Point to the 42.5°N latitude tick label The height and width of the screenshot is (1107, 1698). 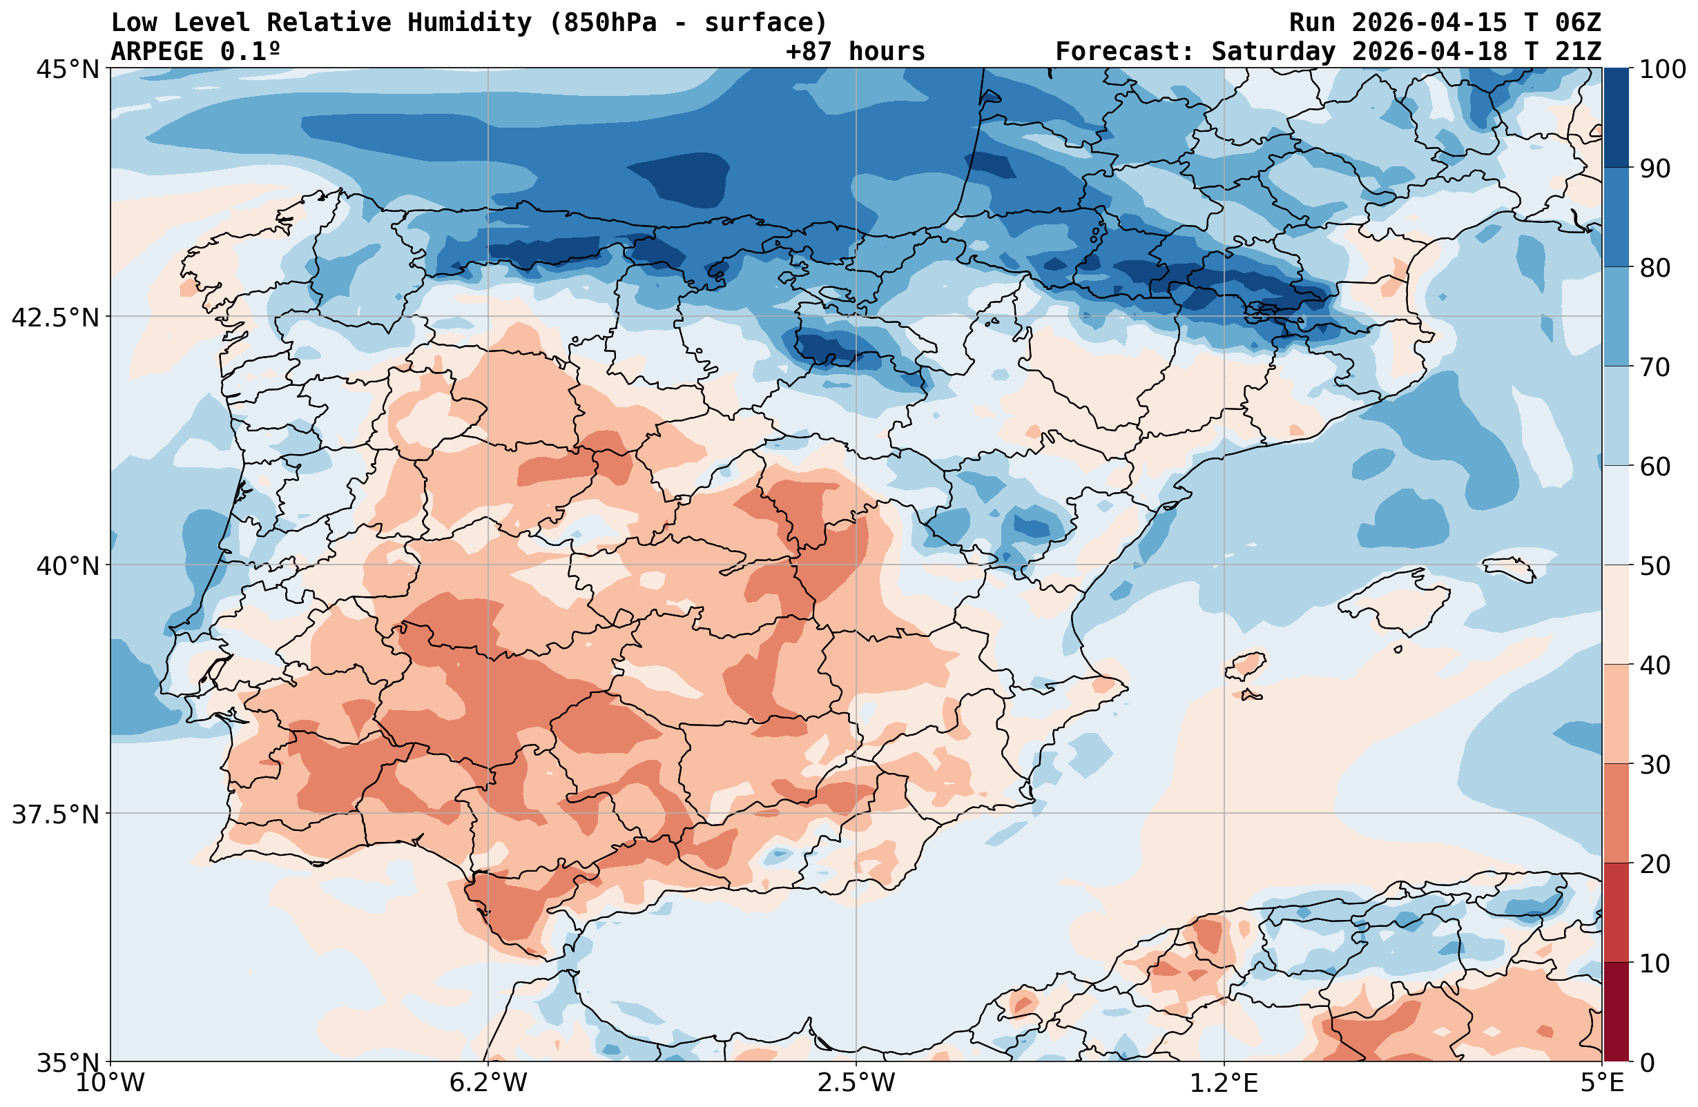coord(56,317)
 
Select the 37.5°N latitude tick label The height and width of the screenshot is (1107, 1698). coord(56,814)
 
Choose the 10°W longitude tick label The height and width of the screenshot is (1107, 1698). coord(110,1084)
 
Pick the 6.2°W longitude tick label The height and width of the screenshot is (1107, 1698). coord(488,1084)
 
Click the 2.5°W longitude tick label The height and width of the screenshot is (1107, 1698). coord(856,1084)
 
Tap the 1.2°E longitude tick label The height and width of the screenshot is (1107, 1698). coord(1224,1084)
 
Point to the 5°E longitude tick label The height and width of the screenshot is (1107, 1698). coord(1603,1084)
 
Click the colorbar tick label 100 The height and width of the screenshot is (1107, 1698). coord(1663,69)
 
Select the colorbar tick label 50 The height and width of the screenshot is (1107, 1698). coord(1655,567)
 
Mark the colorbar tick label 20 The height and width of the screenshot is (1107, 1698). coord(1655,865)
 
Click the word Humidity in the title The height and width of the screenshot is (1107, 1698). coord(470,23)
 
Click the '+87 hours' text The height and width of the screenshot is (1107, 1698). coord(856,51)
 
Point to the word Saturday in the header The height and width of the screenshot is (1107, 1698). coord(1273,51)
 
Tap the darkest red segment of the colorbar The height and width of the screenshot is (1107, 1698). coord(1616,1012)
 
